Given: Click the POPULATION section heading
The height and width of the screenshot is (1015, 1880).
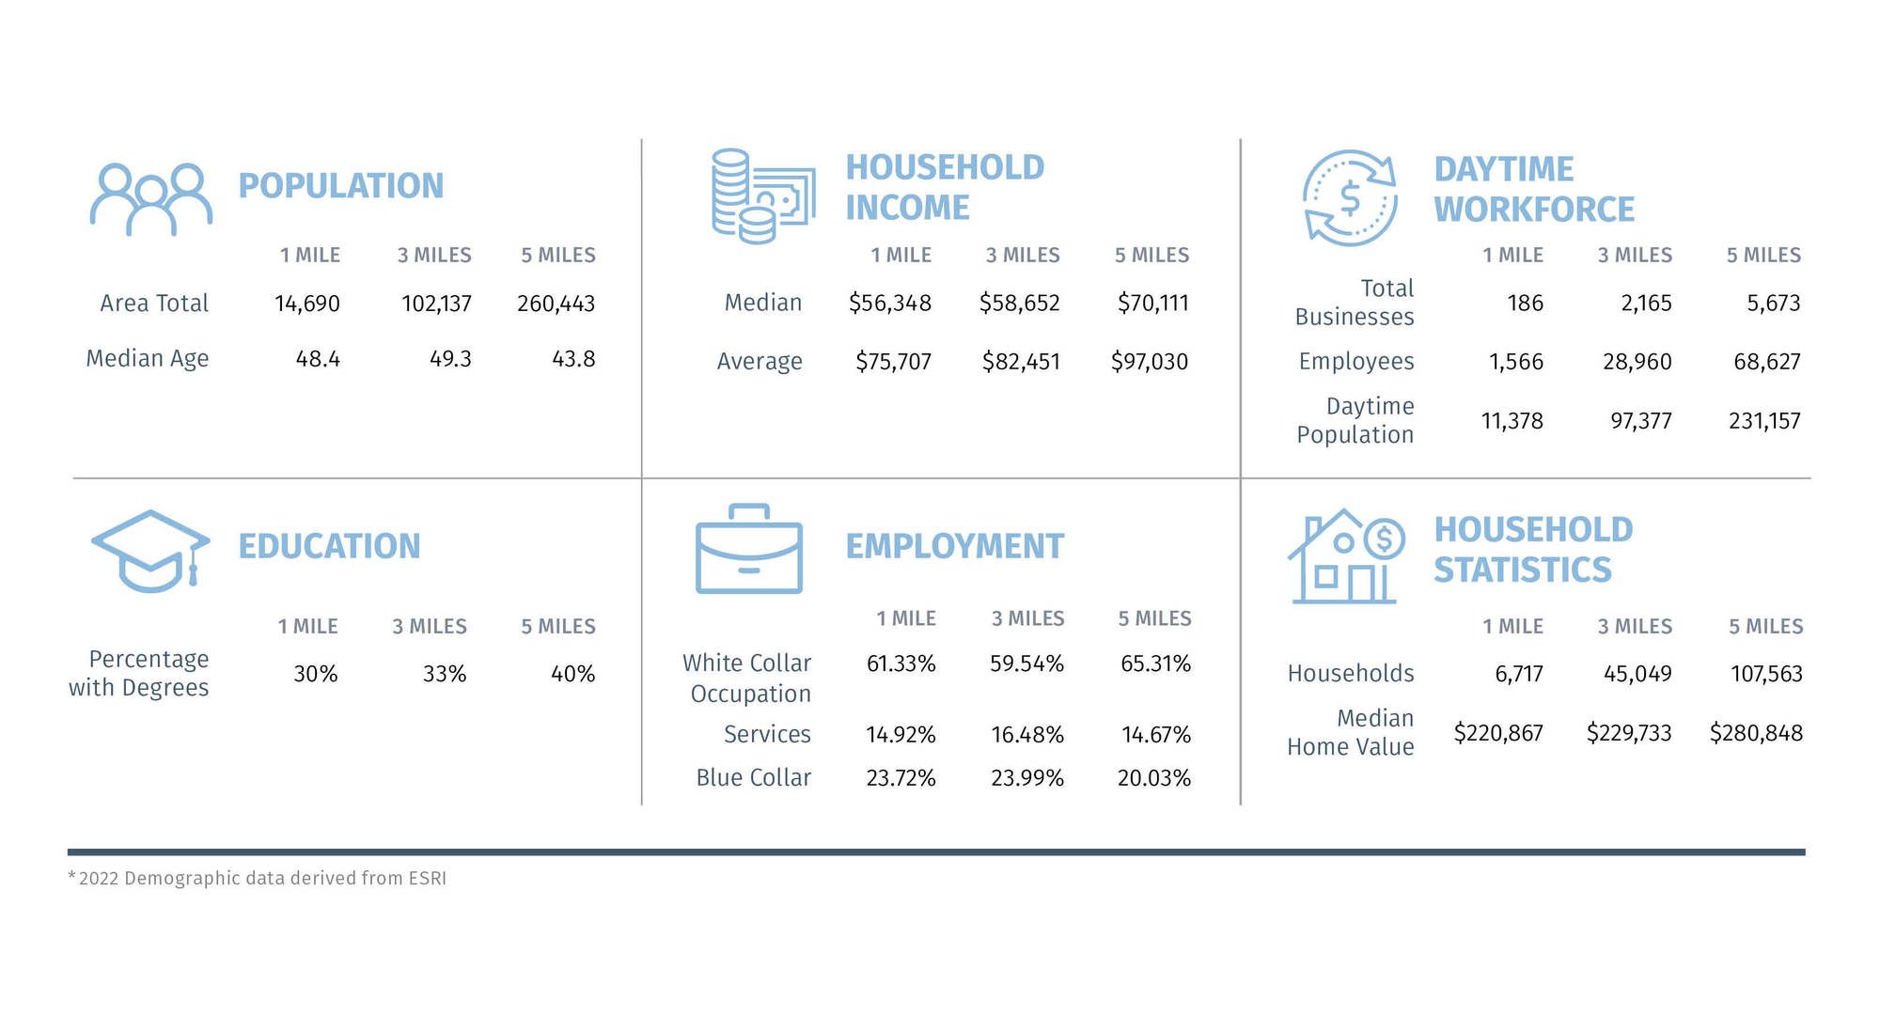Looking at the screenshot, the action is [x=340, y=186].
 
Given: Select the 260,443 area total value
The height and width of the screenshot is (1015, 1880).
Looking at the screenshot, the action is [x=556, y=304].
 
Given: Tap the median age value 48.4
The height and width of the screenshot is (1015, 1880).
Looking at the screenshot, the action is [x=318, y=359].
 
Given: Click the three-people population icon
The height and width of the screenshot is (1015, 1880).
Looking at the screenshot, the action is [x=150, y=199].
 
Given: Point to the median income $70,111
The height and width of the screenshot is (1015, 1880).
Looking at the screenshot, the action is [x=1152, y=303].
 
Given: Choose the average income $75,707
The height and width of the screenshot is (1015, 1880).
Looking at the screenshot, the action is [x=893, y=362].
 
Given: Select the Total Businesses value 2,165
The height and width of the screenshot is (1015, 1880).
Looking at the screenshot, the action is [x=1646, y=304].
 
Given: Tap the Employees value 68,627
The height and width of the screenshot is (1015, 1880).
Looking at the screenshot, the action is [x=1766, y=362].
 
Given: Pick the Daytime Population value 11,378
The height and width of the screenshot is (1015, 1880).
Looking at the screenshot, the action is [x=1512, y=421].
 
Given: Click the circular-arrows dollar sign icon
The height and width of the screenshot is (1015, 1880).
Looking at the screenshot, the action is [x=1350, y=198].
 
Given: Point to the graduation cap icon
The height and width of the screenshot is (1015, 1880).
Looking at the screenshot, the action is [x=150, y=551].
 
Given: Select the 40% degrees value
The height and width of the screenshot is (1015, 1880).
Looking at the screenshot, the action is [x=572, y=674].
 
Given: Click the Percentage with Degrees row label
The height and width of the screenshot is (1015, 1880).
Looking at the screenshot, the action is [x=139, y=674].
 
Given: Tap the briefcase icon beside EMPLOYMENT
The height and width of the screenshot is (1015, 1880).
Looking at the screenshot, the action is [x=749, y=549].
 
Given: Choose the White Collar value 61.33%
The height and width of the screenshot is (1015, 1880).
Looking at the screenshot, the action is [x=901, y=664].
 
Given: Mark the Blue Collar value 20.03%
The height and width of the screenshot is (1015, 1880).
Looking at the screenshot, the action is [x=1153, y=778].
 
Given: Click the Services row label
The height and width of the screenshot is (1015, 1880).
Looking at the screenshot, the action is [x=767, y=734].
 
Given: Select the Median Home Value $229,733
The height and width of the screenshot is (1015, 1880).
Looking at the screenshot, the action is [x=1629, y=733].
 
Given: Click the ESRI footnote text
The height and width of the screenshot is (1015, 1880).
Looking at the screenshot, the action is [x=257, y=878].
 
